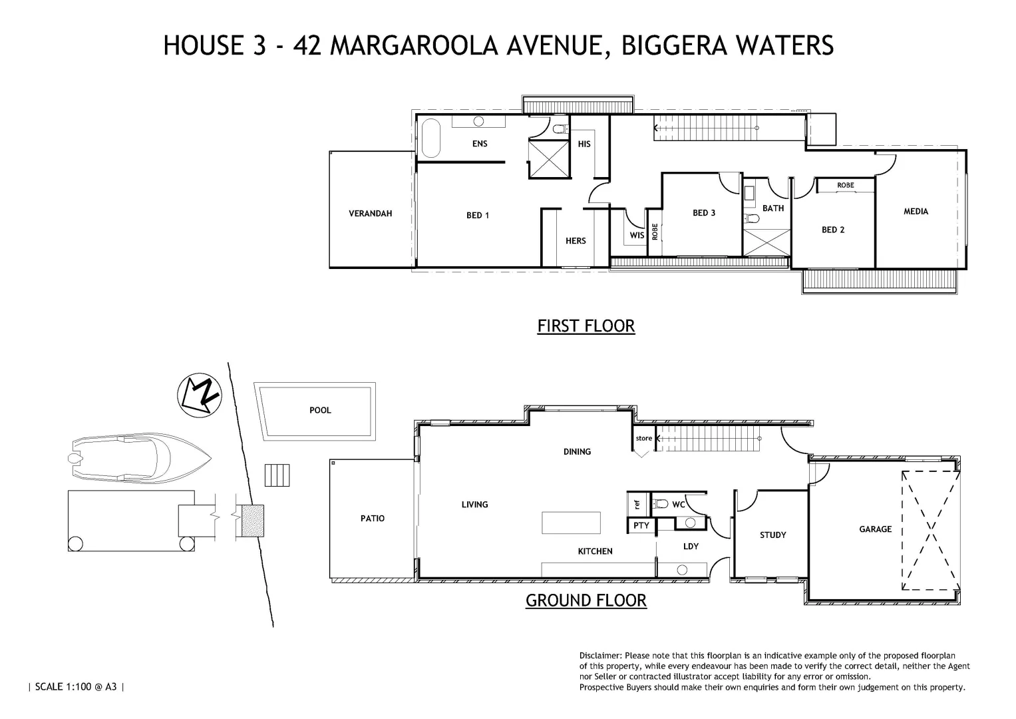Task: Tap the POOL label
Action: click(x=320, y=410)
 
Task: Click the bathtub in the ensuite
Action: click(x=431, y=138)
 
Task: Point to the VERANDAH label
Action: click(x=371, y=214)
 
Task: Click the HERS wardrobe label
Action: click(x=576, y=241)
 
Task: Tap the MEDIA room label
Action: click(x=916, y=212)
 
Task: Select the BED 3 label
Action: click(x=704, y=213)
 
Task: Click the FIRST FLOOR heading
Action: click(x=586, y=326)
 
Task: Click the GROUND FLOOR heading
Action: click(x=586, y=600)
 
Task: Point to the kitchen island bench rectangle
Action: click(x=571, y=523)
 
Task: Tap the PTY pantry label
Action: click(x=641, y=526)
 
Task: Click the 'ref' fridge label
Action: click(x=637, y=504)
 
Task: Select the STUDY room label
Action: click(x=772, y=535)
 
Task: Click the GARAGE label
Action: click(x=875, y=529)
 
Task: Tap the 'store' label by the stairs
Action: click(x=643, y=438)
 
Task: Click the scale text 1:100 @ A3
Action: click(x=76, y=686)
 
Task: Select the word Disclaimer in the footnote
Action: click(x=600, y=656)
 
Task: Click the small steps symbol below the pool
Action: click(x=277, y=475)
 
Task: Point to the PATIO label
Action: click(x=372, y=519)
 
